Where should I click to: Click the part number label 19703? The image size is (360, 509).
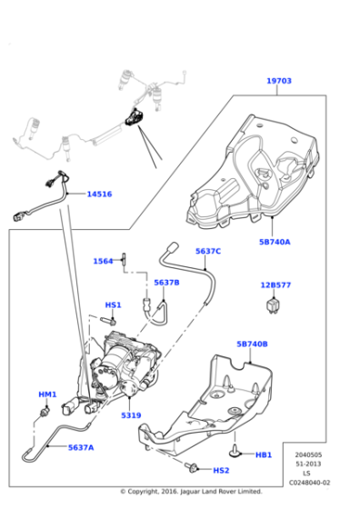point(279,81)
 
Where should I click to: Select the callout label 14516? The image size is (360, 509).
point(99,194)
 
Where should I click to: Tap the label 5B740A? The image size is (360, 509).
point(275,243)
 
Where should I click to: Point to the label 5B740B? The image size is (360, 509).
point(252,344)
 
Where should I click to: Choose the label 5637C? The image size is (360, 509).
point(208,251)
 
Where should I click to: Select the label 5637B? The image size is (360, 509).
point(166,282)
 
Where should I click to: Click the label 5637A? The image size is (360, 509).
point(79,447)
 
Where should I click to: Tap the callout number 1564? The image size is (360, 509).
point(104,262)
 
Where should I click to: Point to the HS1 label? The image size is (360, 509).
point(113,304)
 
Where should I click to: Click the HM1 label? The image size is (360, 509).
point(47,394)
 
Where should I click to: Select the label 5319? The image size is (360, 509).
point(131,416)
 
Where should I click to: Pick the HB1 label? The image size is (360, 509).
point(264,454)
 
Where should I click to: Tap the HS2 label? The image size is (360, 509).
point(221,470)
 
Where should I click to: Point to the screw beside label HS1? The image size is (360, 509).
point(109,320)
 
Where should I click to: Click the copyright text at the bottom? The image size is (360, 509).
point(183,492)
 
